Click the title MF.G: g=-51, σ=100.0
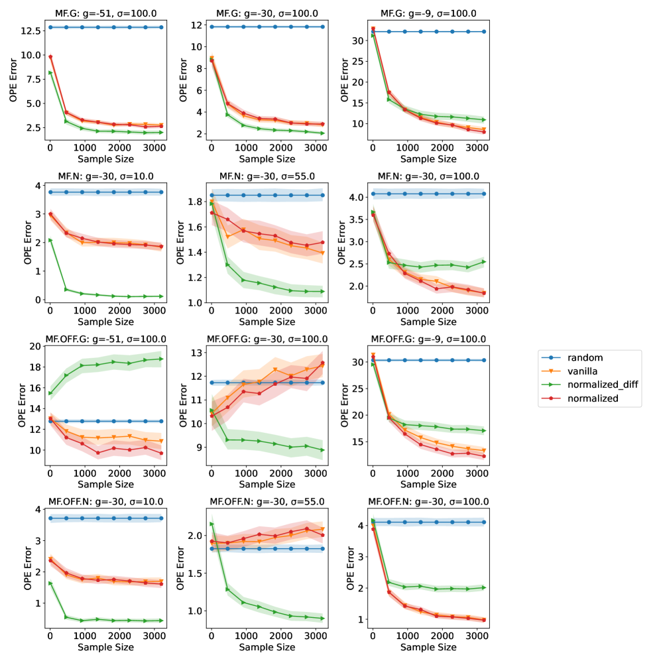106,13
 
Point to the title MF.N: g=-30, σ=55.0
267,176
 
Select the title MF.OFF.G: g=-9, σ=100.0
429,339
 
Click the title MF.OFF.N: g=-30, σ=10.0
106,501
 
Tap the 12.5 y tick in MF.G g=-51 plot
31,30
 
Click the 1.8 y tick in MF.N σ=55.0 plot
194,202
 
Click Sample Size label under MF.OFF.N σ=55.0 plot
267,646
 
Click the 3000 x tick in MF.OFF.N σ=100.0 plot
485,634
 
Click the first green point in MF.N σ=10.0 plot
50,240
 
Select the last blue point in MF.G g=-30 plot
323,27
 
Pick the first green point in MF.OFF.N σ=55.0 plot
211,524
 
